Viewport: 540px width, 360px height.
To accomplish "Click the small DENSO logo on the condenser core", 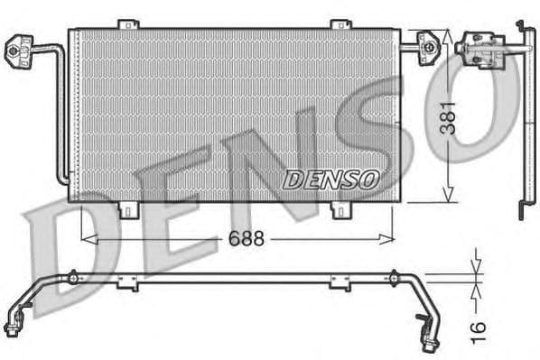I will pyautogui.click(x=331, y=180).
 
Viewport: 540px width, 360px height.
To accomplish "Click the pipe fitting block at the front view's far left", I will pyautogui.click(x=16, y=50).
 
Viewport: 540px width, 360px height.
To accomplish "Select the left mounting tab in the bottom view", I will pyautogui.click(x=127, y=284).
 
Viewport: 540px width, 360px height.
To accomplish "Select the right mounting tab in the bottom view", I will pyautogui.click(x=340, y=284).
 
